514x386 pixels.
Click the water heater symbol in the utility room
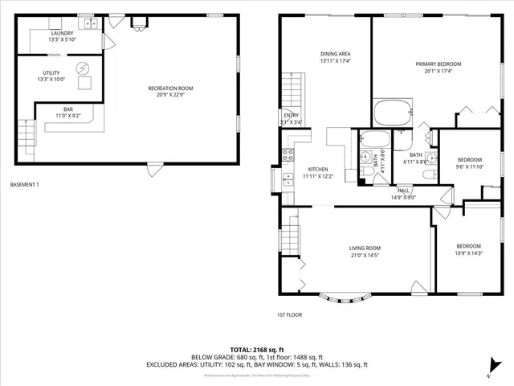click(x=82, y=68)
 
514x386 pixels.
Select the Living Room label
click(x=364, y=252)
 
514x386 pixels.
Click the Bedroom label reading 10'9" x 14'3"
click(x=469, y=249)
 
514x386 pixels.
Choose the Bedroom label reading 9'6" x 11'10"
click(x=469, y=163)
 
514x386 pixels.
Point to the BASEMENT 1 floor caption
click(x=24, y=185)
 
